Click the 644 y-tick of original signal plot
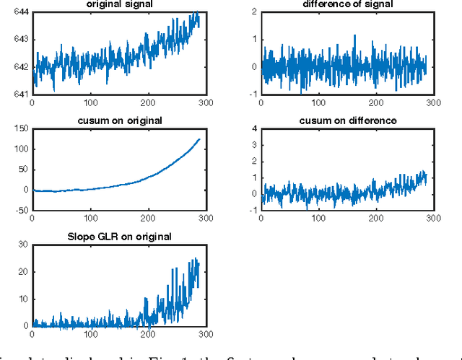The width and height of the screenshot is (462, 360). click(x=20, y=12)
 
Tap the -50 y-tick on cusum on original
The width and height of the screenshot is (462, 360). click(x=18, y=211)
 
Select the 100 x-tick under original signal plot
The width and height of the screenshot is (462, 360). click(x=90, y=103)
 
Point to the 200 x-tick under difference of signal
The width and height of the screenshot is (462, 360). click(x=375, y=103)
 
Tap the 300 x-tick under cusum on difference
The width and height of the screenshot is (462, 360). click(x=432, y=220)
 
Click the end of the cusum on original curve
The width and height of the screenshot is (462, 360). click(x=199, y=139)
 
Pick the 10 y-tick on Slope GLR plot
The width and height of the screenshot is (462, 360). click(x=22, y=299)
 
